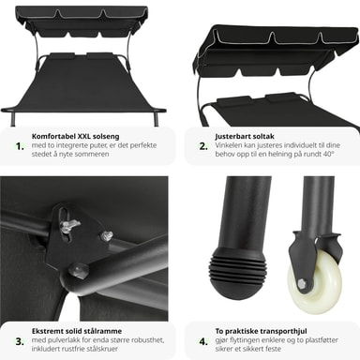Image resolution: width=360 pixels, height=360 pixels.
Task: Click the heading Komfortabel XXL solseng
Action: pyautogui.click(x=75, y=136)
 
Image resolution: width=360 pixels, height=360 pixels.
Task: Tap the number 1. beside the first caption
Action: pyautogui.click(x=20, y=146)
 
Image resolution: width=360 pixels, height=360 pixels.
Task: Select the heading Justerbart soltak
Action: pyautogui.click(x=245, y=136)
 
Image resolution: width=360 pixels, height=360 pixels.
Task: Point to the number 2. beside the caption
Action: pyautogui.click(x=203, y=146)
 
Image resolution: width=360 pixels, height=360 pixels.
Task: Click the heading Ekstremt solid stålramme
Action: pyautogui.click(x=77, y=331)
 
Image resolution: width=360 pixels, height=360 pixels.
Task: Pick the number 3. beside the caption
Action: pyautogui.click(x=20, y=341)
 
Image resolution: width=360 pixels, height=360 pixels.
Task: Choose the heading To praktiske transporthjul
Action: pyautogui.click(x=261, y=331)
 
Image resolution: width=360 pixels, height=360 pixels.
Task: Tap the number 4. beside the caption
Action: pyautogui.click(x=203, y=341)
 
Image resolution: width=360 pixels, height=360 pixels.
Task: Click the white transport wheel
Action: pyautogui.click(x=316, y=281)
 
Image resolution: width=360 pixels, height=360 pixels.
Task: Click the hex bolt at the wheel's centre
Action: pyautogui.click(x=302, y=284)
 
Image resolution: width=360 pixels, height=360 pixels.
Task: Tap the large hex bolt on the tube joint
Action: pyautogui.click(x=78, y=271)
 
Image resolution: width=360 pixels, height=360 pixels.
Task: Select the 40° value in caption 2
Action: pyautogui.click(x=328, y=154)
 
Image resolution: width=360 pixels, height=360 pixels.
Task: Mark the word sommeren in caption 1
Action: pyautogui.click(x=93, y=154)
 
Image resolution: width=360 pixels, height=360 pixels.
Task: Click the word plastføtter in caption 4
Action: pyautogui.click(x=322, y=340)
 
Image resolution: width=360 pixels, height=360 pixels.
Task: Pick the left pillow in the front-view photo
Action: pyautogui.click(x=62, y=56)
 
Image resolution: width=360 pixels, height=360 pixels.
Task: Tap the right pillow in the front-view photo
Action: pyautogui.click(x=101, y=56)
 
